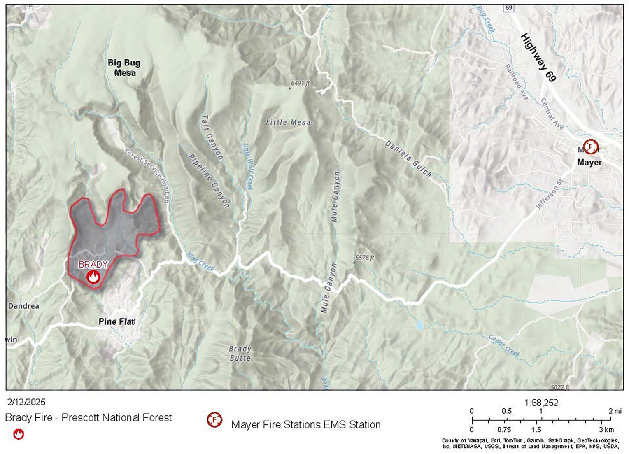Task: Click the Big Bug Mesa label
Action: point(124,68)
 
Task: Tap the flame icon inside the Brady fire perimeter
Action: point(93,277)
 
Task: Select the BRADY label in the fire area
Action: point(93,264)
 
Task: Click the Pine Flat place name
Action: point(116,321)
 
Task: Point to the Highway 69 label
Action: point(538,57)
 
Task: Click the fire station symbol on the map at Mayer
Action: point(591,146)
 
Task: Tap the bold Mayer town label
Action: point(589,162)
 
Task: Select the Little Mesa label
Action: point(288,122)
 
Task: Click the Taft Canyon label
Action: point(212,137)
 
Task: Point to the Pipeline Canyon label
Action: point(209,181)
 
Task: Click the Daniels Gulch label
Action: point(408,159)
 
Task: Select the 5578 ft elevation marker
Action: point(363,258)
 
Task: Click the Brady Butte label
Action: point(240,353)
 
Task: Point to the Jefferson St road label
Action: point(549,192)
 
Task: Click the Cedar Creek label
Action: point(504,346)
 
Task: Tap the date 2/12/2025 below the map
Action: point(26,402)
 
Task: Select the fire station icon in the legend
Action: point(214,420)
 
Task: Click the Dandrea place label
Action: point(24,306)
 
